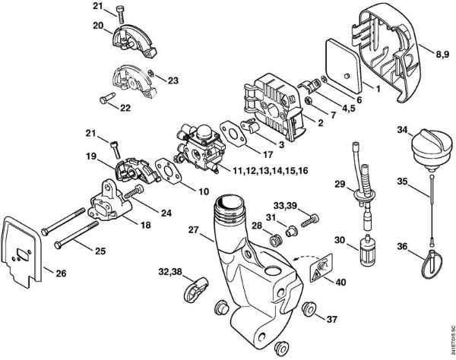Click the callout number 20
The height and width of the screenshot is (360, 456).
coord(98,24)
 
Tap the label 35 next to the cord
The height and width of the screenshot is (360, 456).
coord(401,181)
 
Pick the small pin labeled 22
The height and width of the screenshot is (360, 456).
coord(106,98)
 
